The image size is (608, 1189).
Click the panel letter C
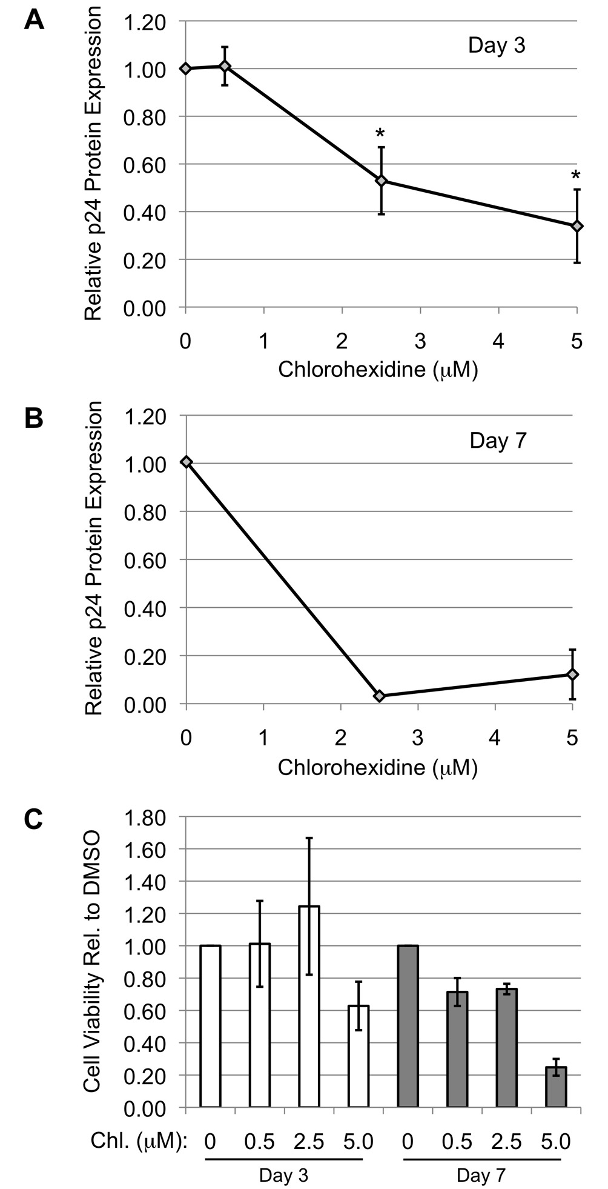pos(33,819)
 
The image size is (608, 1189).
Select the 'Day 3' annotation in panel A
pos(497,45)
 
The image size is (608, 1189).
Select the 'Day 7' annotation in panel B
pos(498,441)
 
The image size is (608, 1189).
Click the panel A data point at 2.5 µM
pos(381,181)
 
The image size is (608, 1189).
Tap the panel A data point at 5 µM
pos(577,226)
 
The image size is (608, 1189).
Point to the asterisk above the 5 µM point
pos(576,176)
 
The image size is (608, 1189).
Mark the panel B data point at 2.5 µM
pos(379,696)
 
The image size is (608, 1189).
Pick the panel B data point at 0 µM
pos(187,462)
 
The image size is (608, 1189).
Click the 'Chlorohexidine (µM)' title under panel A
pos(378,370)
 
